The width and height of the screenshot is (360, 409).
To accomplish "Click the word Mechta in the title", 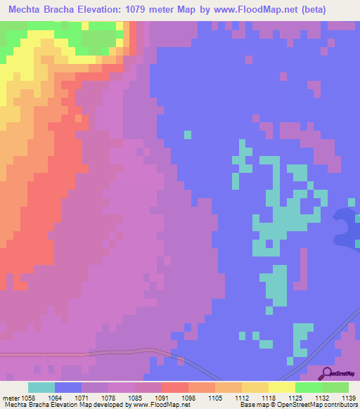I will [x=28, y=9].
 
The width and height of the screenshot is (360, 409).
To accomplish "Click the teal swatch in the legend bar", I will [x=41, y=388].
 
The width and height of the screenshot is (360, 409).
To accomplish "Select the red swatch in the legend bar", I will [x=174, y=388].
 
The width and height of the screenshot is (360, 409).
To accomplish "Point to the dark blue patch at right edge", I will [x=347, y=228].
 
